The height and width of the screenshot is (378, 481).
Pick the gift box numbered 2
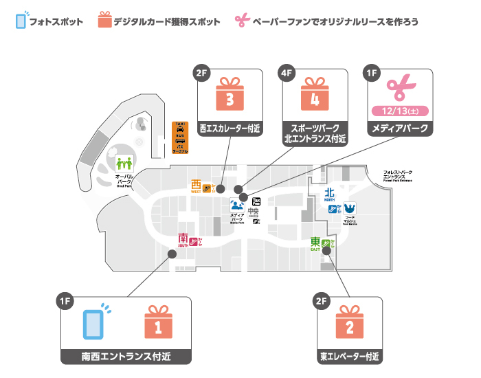[350, 322]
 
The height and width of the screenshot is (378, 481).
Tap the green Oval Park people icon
[124, 164]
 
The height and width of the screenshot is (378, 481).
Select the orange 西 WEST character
[197, 185]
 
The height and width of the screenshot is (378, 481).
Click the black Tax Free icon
[257, 201]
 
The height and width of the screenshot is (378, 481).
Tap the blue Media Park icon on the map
[238, 203]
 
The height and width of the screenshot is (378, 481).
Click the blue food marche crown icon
[350, 208]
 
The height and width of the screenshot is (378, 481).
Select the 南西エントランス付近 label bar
[126, 357]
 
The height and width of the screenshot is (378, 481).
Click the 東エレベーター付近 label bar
[350, 357]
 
